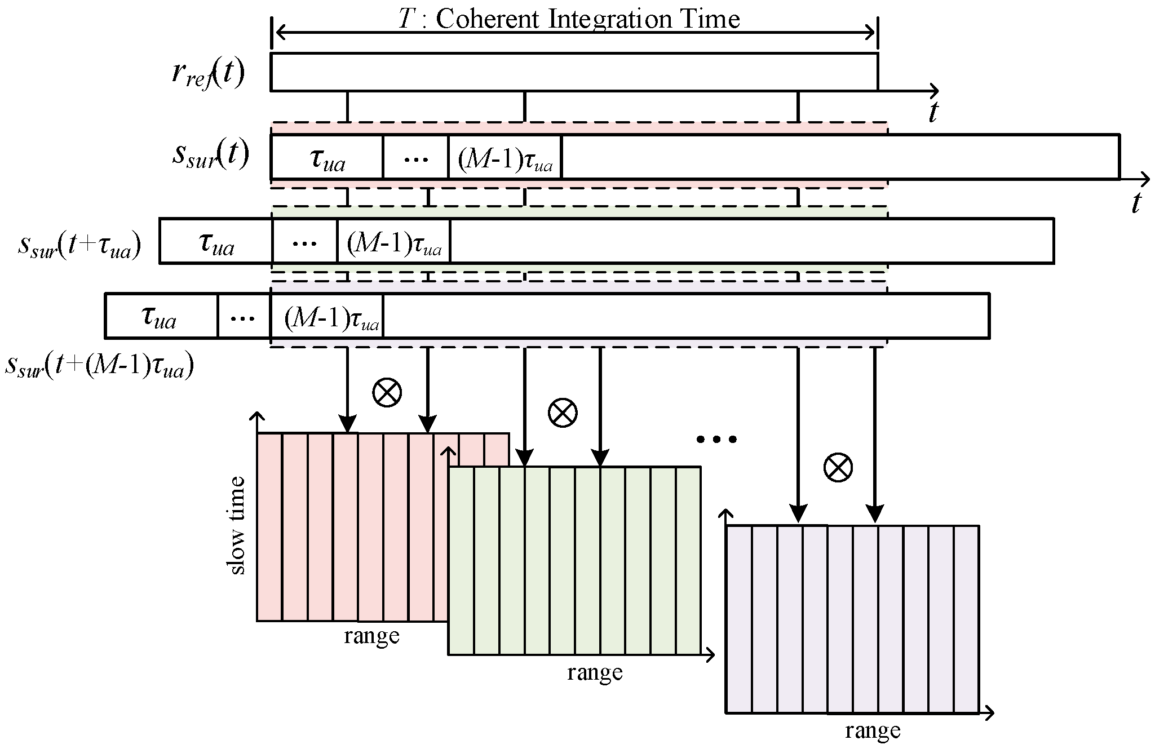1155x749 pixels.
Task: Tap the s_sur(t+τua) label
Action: coord(79,246)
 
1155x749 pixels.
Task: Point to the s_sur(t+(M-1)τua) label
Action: coord(99,366)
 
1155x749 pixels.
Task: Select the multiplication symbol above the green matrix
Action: coord(563,413)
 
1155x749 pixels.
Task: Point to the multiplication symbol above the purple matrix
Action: coord(838,467)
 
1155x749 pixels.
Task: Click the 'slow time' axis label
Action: coord(237,525)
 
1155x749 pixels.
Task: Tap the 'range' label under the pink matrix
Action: coord(371,636)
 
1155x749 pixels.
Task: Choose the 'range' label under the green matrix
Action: coord(595,672)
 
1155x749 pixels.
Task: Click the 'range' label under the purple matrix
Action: coord(872,730)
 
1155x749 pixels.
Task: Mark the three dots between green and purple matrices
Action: coord(716,439)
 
